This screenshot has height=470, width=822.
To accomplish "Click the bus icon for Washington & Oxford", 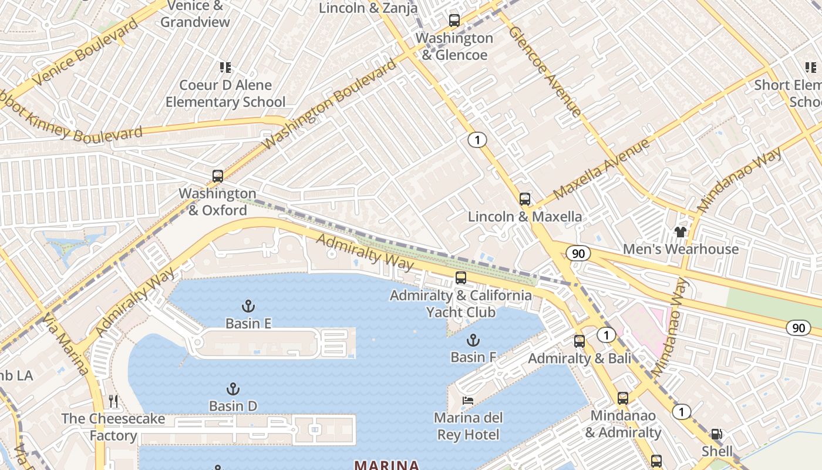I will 218,176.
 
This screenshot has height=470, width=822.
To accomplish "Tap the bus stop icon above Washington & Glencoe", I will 454,21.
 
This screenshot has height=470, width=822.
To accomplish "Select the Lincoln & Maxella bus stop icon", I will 525,199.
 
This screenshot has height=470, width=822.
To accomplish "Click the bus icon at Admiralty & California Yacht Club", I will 461,278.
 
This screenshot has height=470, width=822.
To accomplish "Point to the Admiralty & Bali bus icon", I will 580,341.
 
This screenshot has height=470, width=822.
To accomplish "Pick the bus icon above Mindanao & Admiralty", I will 623,398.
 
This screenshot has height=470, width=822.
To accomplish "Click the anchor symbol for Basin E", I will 248,305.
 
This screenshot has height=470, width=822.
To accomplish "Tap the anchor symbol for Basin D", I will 233,388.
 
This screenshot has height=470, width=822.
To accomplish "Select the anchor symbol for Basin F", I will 473,340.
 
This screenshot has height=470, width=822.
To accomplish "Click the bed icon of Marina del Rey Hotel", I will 468,401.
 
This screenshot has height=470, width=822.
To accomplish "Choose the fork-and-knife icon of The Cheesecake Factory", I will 113,401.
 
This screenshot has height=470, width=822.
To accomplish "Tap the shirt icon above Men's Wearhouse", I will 680,231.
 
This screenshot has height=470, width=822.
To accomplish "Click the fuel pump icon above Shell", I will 717,434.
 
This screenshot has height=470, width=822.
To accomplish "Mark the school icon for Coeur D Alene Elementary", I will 225,68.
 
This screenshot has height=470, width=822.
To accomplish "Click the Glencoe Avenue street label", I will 545,71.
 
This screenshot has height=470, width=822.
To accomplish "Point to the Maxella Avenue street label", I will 602,169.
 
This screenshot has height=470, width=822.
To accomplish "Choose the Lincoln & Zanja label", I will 368,8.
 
